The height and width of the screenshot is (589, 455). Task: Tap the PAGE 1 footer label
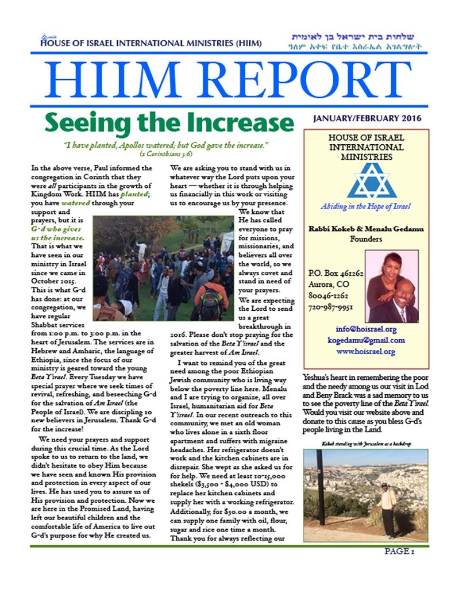tap(400, 552)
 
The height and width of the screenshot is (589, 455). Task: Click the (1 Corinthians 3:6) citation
tap(165, 154)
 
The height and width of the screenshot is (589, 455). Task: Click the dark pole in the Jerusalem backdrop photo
tap(319, 488)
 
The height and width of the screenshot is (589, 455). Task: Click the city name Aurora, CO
tap(327, 284)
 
